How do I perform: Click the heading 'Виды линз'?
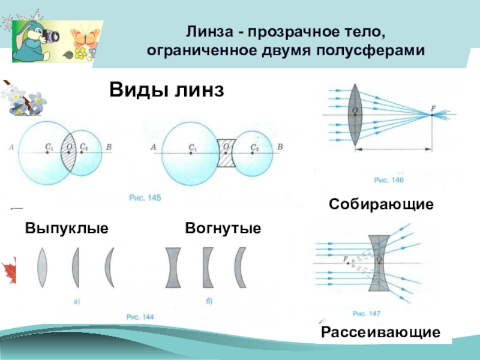167,91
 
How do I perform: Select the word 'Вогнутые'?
223,229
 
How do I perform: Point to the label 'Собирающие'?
381,205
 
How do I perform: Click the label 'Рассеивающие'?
381,332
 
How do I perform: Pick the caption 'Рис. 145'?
145,197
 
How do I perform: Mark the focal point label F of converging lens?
433,109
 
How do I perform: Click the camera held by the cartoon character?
52,35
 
